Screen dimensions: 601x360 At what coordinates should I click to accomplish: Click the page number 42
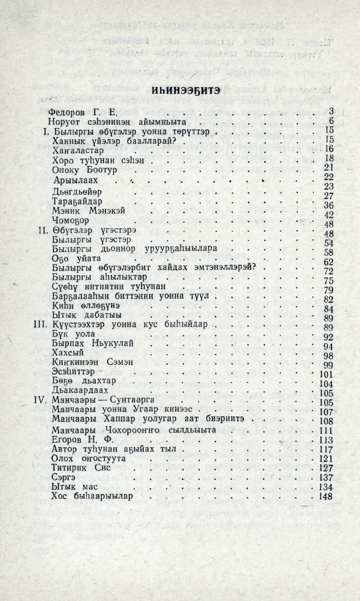tap(330, 215)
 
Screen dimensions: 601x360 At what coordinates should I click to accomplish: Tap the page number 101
tap(327, 375)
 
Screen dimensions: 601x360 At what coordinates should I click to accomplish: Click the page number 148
tap(327, 497)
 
